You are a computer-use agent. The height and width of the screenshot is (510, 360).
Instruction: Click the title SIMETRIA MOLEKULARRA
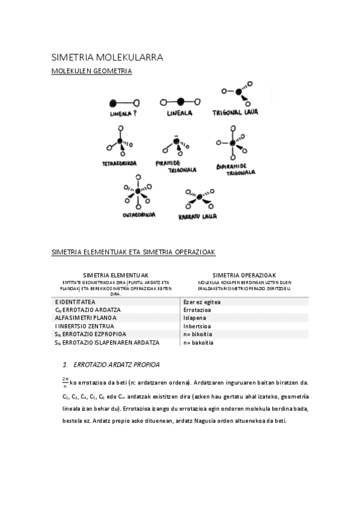coord(108,58)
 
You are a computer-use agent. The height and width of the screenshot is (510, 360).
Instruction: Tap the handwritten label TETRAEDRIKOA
coord(119,163)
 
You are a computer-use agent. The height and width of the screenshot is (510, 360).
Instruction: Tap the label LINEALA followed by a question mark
coord(123,113)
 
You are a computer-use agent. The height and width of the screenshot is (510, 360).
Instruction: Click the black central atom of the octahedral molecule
coord(138,192)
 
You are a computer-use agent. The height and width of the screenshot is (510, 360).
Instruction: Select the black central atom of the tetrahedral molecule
coord(120,144)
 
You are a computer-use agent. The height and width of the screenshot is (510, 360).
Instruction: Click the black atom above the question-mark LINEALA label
coord(112,102)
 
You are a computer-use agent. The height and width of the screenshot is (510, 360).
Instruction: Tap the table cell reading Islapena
coord(195,318)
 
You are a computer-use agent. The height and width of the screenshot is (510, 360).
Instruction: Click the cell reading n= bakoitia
coord(198,342)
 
